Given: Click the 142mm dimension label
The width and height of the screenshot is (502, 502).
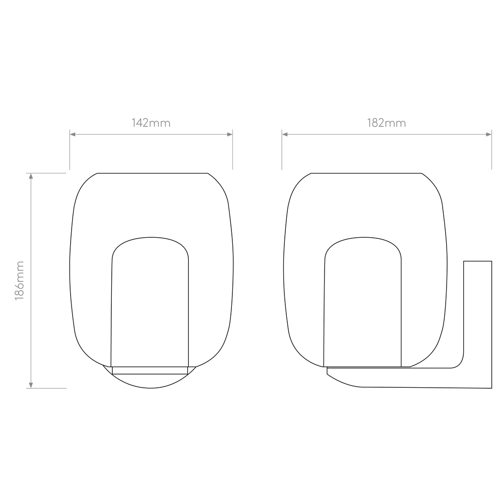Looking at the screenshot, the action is click(151, 123).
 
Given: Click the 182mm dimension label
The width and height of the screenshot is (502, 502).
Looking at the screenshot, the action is click(386, 123).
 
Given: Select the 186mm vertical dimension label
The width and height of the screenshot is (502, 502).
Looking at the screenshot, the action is click(20, 280).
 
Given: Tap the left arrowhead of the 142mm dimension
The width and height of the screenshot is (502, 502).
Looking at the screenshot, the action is click(73, 134).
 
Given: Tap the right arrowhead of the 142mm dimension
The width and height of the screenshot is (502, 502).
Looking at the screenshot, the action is click(230, 134).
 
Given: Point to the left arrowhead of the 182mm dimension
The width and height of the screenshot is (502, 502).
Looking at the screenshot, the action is click(285, 134).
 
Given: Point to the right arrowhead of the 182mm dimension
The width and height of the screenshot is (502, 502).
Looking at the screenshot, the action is click(489, 134).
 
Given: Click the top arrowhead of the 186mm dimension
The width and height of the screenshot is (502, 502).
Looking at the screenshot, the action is click(31, 176).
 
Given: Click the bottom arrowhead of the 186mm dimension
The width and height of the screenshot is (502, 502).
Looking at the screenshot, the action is click(31, 385).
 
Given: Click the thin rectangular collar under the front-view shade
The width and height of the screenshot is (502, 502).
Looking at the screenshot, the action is click(150, 371).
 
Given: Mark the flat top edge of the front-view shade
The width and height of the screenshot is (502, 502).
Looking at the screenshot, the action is click(152, 173).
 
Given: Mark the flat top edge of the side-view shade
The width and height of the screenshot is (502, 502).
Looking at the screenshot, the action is click(366, 173).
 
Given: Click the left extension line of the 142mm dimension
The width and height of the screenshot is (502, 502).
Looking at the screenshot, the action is click(70, 150).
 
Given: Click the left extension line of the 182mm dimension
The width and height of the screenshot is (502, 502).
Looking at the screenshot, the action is click(282, 150).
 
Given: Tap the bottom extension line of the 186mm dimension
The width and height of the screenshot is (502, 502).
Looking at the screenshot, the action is click(46, 388).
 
